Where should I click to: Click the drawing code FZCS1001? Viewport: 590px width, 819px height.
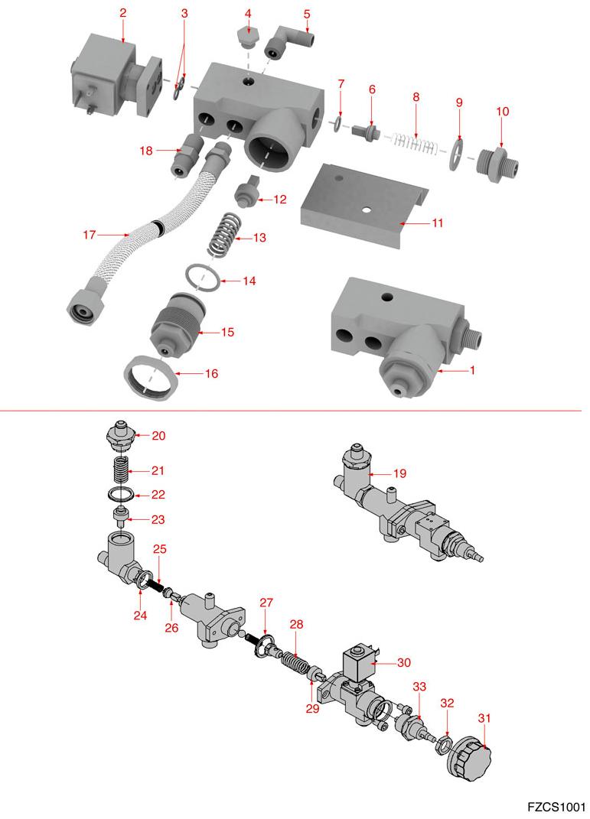[556, 807]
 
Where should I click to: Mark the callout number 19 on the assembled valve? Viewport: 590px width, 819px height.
[399, 473]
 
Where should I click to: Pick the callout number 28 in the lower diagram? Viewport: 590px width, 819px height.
[296, 624]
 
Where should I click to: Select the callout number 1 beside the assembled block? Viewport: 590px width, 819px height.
[472, 370]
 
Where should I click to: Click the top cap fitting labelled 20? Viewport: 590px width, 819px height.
[120, 439]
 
